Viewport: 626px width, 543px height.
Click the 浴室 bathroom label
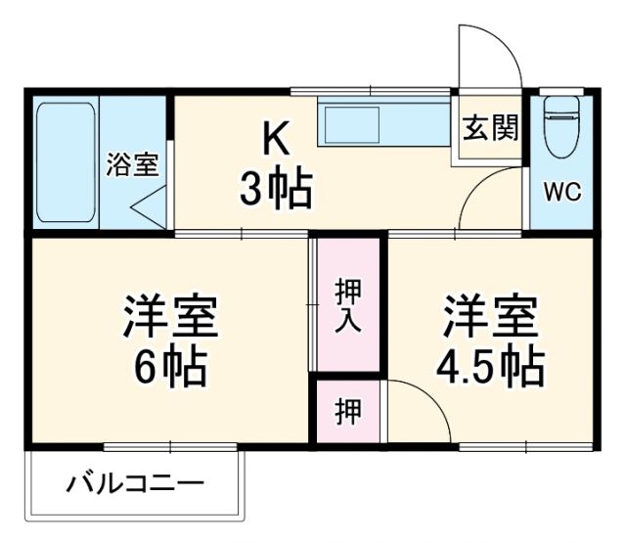coord(132,164)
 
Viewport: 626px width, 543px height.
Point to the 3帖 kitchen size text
coord(275,189)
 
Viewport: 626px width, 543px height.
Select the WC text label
coord(562,193)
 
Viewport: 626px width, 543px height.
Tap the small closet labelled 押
coord(347,411)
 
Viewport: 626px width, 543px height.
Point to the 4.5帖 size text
coord(489,367)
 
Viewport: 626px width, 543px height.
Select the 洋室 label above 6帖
coord(170,315)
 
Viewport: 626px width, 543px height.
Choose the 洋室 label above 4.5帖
coord(489,315)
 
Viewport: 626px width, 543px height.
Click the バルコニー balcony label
coord(136,483)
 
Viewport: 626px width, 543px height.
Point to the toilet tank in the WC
coord(561,105)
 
